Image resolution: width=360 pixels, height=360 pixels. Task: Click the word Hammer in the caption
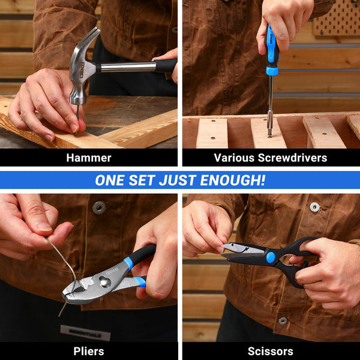click(x=89, y=158)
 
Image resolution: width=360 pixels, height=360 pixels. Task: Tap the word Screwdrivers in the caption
click(x=292, y=158)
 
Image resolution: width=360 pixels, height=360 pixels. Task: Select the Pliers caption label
click(x=89, y=352)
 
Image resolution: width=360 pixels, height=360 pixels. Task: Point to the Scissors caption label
click(x=270, y=352)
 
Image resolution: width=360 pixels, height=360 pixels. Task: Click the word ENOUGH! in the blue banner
click(x=233, y=180)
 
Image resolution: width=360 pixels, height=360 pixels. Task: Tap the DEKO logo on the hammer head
click(x=82, y=70)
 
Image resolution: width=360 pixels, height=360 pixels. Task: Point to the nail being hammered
click(x=77, y=119)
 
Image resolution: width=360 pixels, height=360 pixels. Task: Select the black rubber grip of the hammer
click(x=166, y=65)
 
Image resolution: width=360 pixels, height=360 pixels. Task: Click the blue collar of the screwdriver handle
click(x=272, y=71)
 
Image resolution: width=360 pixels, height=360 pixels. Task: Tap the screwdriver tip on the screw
click(x=269, y=134)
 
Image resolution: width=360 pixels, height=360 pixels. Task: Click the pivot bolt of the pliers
click(x=105, y=282)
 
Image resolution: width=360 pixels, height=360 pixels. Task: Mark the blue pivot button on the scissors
click(x=271, y=257)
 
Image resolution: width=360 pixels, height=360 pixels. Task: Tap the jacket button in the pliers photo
click(x=99, y=208)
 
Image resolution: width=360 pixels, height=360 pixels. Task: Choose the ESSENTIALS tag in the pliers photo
click(x=85, y=333)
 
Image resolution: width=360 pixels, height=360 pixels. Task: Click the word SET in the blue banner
click(x=142, y=180)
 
